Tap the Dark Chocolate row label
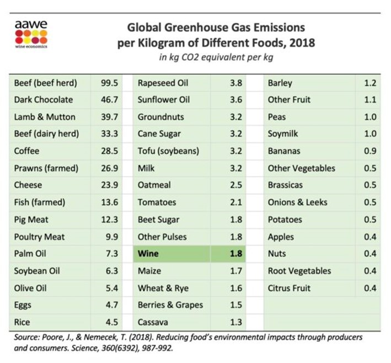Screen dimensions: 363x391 pyautogui.click(x=43, y=100)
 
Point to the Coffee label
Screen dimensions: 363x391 pyautogui.click(x=27, y=151)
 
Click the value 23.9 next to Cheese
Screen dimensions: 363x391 pyautogui.click(x=110, y=185)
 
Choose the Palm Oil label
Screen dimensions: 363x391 pyautogui.click(x=30, y=254)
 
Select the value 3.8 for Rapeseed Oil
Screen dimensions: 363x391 pyautogui.click(x=235, y=83)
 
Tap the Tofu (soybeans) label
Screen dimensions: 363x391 pyautogui.click(x=168, y=151)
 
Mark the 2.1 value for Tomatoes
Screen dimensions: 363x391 pyautogui.click(x=235, y=202)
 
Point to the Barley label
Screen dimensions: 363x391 pyautogui.click(x=280, y=83)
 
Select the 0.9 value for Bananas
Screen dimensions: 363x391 pyautogui.click(x=369, y=151)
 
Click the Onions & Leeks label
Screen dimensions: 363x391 pyautogui.click(x=297, y=202)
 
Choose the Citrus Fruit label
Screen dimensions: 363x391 pyautogui.click(x=289, y=288)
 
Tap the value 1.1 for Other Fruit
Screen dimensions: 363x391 pyautogui.click(x=369, y=100)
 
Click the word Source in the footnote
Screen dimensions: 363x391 pyautogui.click(x=25, y=336)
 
